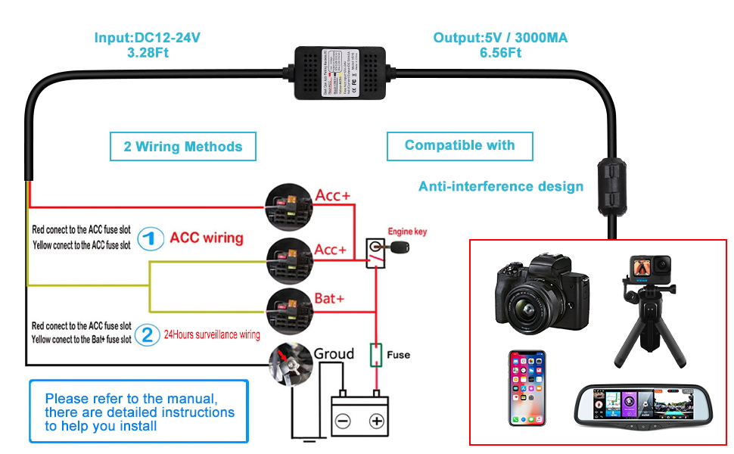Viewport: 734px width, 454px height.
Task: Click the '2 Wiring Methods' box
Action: (x=182, y=146)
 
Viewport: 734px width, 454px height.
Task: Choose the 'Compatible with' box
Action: (x=459, y=145)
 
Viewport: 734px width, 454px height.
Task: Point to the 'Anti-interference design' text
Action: (x=501, y=186)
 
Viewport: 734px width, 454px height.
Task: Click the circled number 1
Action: (x=151, y=239)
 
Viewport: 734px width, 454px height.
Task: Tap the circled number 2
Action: (x=147, y=334)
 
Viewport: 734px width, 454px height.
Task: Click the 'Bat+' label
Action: (x=329, y=298)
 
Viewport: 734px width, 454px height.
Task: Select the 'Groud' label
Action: (x=334, y=354)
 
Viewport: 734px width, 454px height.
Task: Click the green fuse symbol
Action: (x=375, y=354)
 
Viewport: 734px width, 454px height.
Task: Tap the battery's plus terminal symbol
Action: (x=375, y=421)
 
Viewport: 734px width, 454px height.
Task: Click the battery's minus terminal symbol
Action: (x=342, y=421)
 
